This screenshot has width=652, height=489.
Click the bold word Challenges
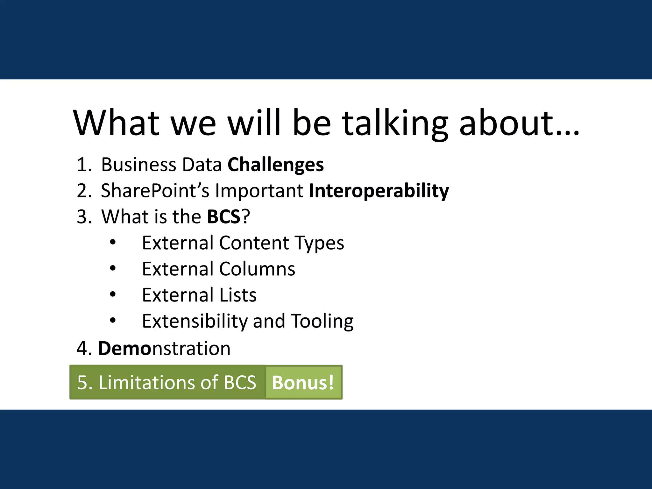pyautogui.click(x=276, y=165)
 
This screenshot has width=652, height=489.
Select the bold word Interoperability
pyautogui.click(x=379, y=191)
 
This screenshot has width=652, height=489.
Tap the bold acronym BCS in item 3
pyautogui.click(x=223, y=217)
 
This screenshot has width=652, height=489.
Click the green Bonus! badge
pyautogui.click(x=303, y=382)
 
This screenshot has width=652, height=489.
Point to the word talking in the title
pyautogui.click(x=395, y=124)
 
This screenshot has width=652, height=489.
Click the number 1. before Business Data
pyautogui.click(x=84, y=165)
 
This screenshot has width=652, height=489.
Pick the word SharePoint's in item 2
pyautogui.click(x=155, y=191)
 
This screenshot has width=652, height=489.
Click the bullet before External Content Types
pyautogui.click(x=113, y=243)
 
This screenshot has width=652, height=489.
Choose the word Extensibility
pyautogui.click(x=195, y=321)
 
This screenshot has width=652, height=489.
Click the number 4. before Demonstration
pyautogui.click(x=84, y=349)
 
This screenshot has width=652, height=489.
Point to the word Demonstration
pyautogui.click(x=164, y=349)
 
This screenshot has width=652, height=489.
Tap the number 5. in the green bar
pyautogui.click(x=85, y=382)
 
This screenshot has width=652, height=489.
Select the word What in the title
pyautogui.click(x=116, y=124)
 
